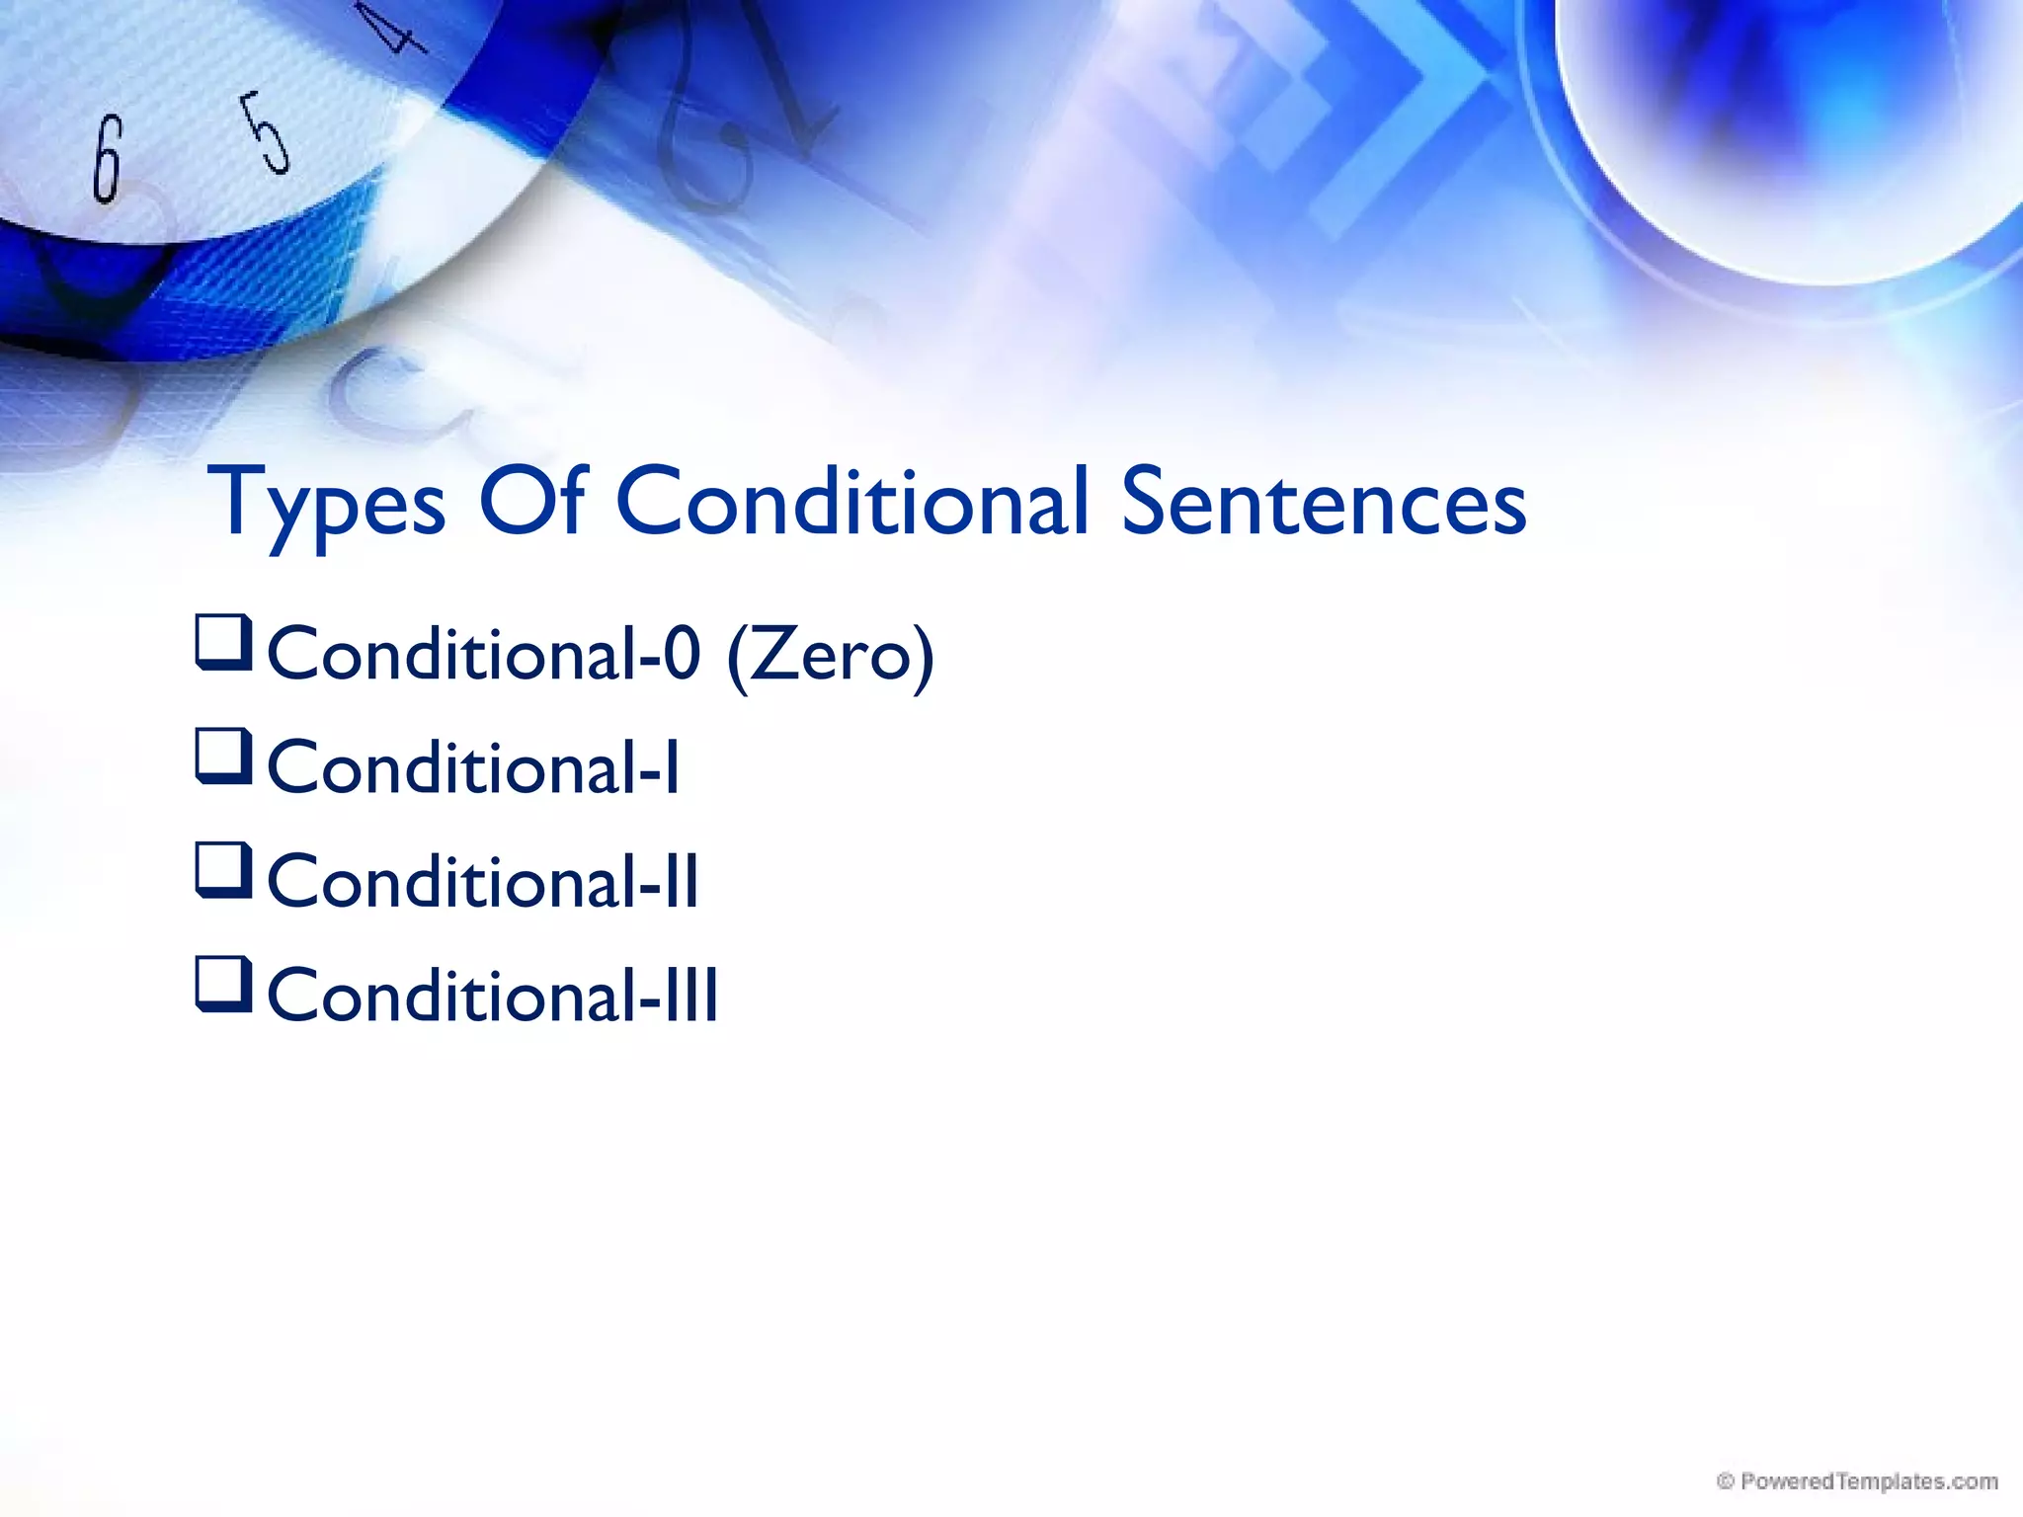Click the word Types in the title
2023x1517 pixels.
pos(327,504)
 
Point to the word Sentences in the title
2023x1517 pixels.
pos(1324,504)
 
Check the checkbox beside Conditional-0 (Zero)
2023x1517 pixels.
pos(223,642)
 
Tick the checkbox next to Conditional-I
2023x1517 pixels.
pos(223,756)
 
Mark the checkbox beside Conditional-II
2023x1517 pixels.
pos(223,869)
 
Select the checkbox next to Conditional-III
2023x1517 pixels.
pos(223,983)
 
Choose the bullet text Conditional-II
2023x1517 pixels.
pos(483,882)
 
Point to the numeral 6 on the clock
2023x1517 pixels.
pos(107,158)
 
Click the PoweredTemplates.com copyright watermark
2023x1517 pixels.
pos(1857,1481)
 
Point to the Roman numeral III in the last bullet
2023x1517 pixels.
pos(691,996)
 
